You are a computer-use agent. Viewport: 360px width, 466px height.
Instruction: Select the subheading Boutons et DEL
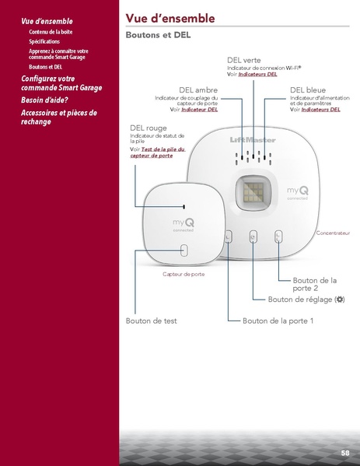pyautogui.click(x=158, y=36)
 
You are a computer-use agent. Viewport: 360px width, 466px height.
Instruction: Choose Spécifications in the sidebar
pyautogui.click(x=44, y=41)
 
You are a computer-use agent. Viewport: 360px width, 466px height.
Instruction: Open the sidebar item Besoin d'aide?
pyautogui.click(x=44, y=100)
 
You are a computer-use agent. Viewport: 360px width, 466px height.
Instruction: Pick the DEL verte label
pyautogui.click(x=243, y=60)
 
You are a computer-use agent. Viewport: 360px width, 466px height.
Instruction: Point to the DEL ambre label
pyautogui.click(x=198, y=89)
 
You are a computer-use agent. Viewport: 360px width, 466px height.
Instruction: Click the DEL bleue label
pyautogui.click(x=307, y=89)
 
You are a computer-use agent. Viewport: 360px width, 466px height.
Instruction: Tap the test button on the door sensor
pyautogui.click(x=183, y=251)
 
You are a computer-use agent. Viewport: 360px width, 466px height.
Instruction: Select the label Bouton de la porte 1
pyautogui.click(x=278, y=321)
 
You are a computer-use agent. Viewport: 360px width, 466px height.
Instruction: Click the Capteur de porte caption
pyautogui.click(x=183, y=275)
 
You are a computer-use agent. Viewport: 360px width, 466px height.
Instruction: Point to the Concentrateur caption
pyautogui.click(x=334, y=233)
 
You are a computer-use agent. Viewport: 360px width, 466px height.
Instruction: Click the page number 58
pyautogui.click(x=344, y=452)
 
